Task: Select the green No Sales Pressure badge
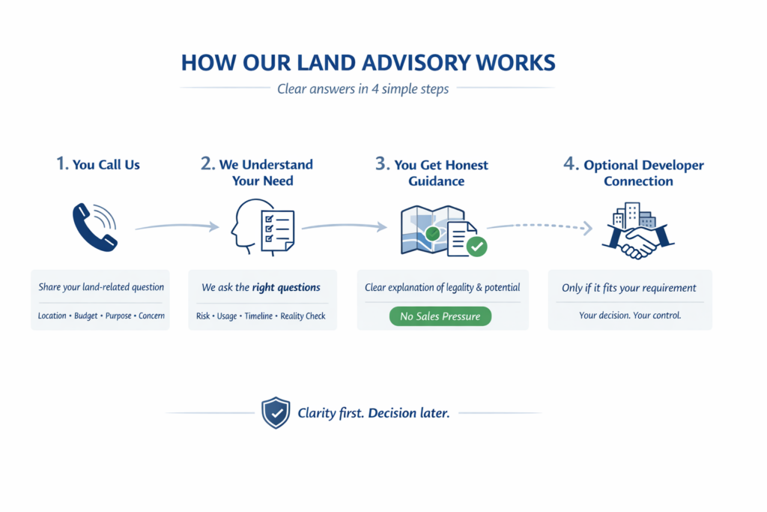pyautogui.click(x=440, y=316)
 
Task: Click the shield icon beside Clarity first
pyautogui.click(x=275, y=413)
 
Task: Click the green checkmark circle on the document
pyautogui.click(x=476, y=245)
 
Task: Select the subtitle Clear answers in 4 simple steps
pyautogui.click(x=363, y=89)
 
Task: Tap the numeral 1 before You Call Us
pyautogui.click(x=61, y=163)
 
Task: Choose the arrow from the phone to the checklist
pyautogui.click(x=177, y=225)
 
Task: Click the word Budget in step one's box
pyautogui.click(x=86, y=316)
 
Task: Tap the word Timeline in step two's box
pyautogui.click(x=258, y=316)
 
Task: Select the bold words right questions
pyautogui.click(x=286, y=287)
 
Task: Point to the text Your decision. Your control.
pyautogui.click(x=630, y=316)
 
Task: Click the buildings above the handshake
pyautogui.click(x=633, y=216)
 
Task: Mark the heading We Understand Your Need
pyautogui.click(x=257, y=172)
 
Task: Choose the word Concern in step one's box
pyautogui.click(x=152, y=316)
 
